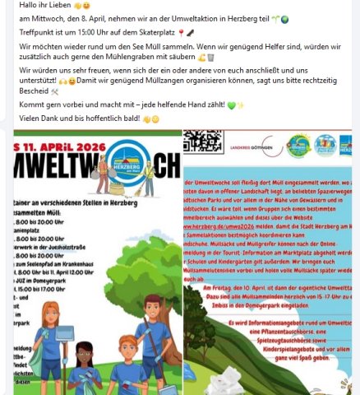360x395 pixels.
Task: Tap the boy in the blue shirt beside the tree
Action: click(x=156, y=329)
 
